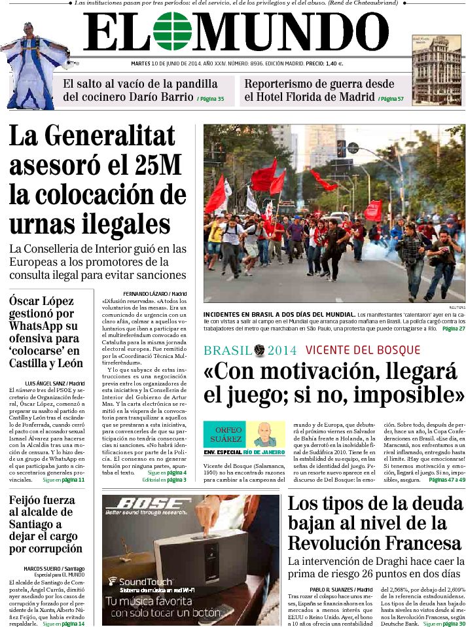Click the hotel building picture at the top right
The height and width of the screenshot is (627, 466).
(437, 69)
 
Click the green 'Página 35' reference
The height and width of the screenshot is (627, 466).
(210, 99)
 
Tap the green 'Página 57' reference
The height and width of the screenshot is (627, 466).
(391, 99)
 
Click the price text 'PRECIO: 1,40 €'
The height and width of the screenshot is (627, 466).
(325, 63)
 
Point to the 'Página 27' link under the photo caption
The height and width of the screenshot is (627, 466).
(453, 329)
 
